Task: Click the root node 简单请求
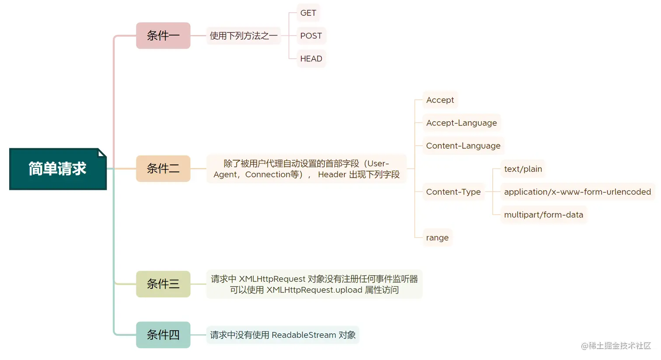pyautogui.click(x=58, y=169)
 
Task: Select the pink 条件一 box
pyautogui.click(x=163, y=35)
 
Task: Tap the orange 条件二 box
pyautogui.click(x=163, y=168)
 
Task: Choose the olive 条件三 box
pyautogui.click(x=163, y=284)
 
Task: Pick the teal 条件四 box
pyautogui.click(x=163, y=335)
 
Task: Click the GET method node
pyautogui.click(x=308, y=13)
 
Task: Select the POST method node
pyautogui.click(x=311, y=36)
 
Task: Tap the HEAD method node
pyautogui.click(x=311, y=59)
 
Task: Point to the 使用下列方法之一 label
pyautogui.click(x=244, y=36)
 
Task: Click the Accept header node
pyautogui.click(x=440, y=100)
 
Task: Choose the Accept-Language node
pyautogui.click(x=461, y=123)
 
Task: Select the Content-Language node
pyautogui.click(x=463, y=146)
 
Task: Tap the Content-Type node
pyautogui.click(x=453, y=192)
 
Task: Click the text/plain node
pyautogui.click(x=523, y=169)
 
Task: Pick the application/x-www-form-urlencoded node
pyautogui.click(x=577, y=192)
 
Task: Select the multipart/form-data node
pyautogui.click(x=543, y=215)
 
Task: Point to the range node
pyautogui.click(x=437, y=238)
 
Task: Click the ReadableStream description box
pyautogui.click(x=283, y=335)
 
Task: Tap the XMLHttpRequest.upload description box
pyautogui.click(x=314, y=284)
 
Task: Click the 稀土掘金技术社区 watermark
pyautogui.click(x=616, y=346)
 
